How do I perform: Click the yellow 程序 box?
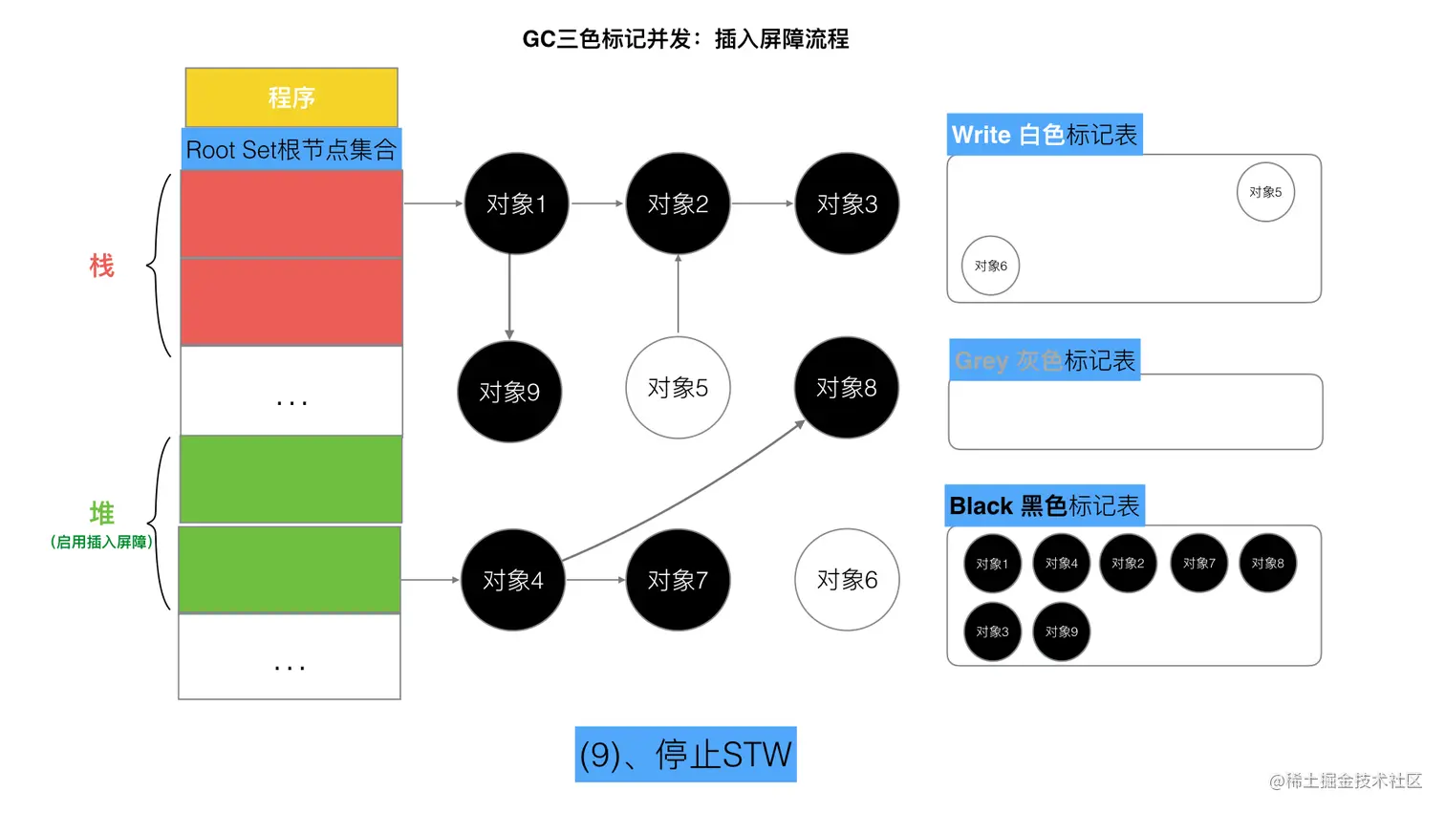point(291,96)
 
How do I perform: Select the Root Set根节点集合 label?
point(291,149)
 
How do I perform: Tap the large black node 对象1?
point(516,203)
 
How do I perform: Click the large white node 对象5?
point(678,388)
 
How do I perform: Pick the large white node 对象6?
point(847,580)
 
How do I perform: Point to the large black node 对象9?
point(509,392)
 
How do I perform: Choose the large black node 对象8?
point(846,388)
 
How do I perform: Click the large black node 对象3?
point(847,203)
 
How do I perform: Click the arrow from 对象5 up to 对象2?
point(679,294)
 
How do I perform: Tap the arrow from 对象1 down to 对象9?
point(509,296)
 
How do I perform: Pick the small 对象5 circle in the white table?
point(1265,192)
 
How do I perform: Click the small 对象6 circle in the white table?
point(990,266)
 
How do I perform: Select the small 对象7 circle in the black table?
point(1198,564)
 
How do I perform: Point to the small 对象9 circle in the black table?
point(1061,631)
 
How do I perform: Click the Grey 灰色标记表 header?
point(1045,360)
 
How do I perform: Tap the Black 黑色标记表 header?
point(1045,505)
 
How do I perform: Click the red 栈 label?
point(101,266)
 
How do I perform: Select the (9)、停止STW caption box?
point(685,755)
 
